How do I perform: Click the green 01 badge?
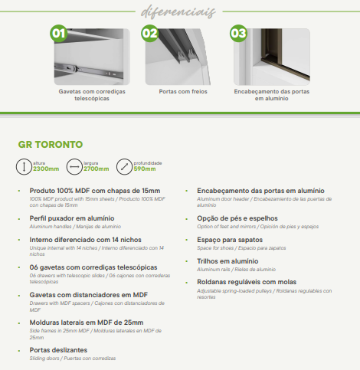point(58,34)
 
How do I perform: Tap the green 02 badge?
point(149,34)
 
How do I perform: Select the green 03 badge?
point(238,34)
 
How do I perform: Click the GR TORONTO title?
point(51,144)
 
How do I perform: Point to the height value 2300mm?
point(46,168)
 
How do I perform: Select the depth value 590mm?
point(146,168)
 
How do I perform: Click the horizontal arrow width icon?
point(75,165)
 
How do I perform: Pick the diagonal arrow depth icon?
point(125,165)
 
